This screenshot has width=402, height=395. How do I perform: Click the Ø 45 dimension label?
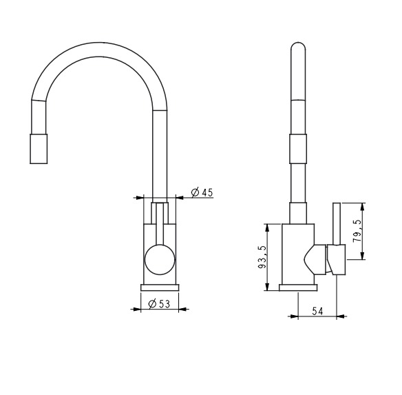202,192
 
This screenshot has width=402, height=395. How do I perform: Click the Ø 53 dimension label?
159,304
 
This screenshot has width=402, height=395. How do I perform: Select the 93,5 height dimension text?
262,257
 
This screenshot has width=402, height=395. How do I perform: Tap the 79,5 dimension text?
357,231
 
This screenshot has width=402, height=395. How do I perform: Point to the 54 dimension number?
317,311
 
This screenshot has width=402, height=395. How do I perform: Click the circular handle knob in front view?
160,259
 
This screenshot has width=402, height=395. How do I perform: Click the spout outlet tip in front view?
39,149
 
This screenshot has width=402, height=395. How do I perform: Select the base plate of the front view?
160,287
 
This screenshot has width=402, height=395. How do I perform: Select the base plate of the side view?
298,287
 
